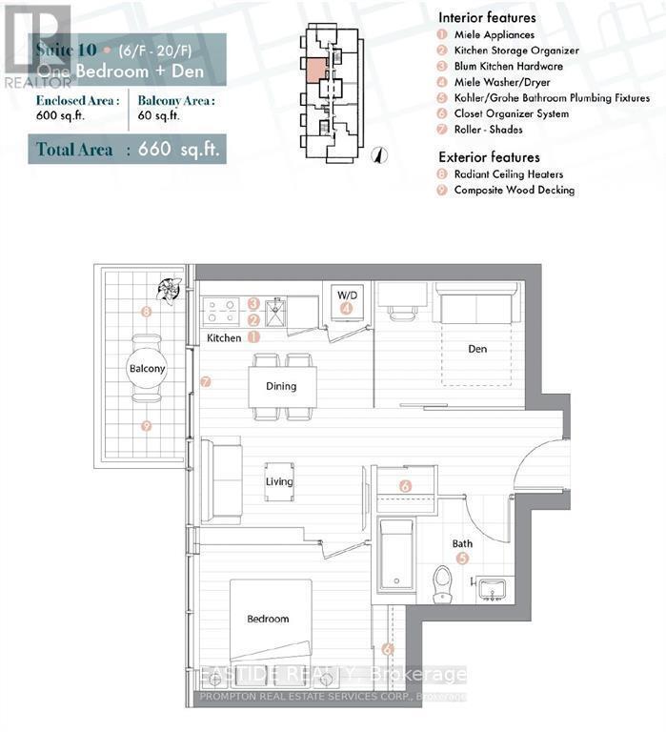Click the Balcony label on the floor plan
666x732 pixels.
click(x=147, y=368)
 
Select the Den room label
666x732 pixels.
click(x=477, y=349)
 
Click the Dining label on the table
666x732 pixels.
click(x=281, y=386)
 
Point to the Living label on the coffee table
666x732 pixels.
click(x=279, y=482)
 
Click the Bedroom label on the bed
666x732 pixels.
click(x=268, y=619)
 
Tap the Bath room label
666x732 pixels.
click(x=462, y=543)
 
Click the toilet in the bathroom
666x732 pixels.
click(x=442, y=583)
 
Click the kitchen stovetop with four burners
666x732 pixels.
click(x=223, y=312)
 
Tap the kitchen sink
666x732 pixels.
click(x=276, y=312)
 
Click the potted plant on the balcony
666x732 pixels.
click(x=171, y=289)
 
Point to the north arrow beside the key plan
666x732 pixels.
click(x=378, y=154)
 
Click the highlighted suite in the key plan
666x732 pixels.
click(x=314, y=72)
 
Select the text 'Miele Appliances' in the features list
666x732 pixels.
click(x=494, y=34)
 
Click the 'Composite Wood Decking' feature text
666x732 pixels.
click(x=514, y=190)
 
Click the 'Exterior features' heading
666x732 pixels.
click(x=489, y=156)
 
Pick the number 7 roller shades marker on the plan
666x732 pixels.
click(x=205, y=382)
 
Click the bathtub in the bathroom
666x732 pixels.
click(x=395, y=555)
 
